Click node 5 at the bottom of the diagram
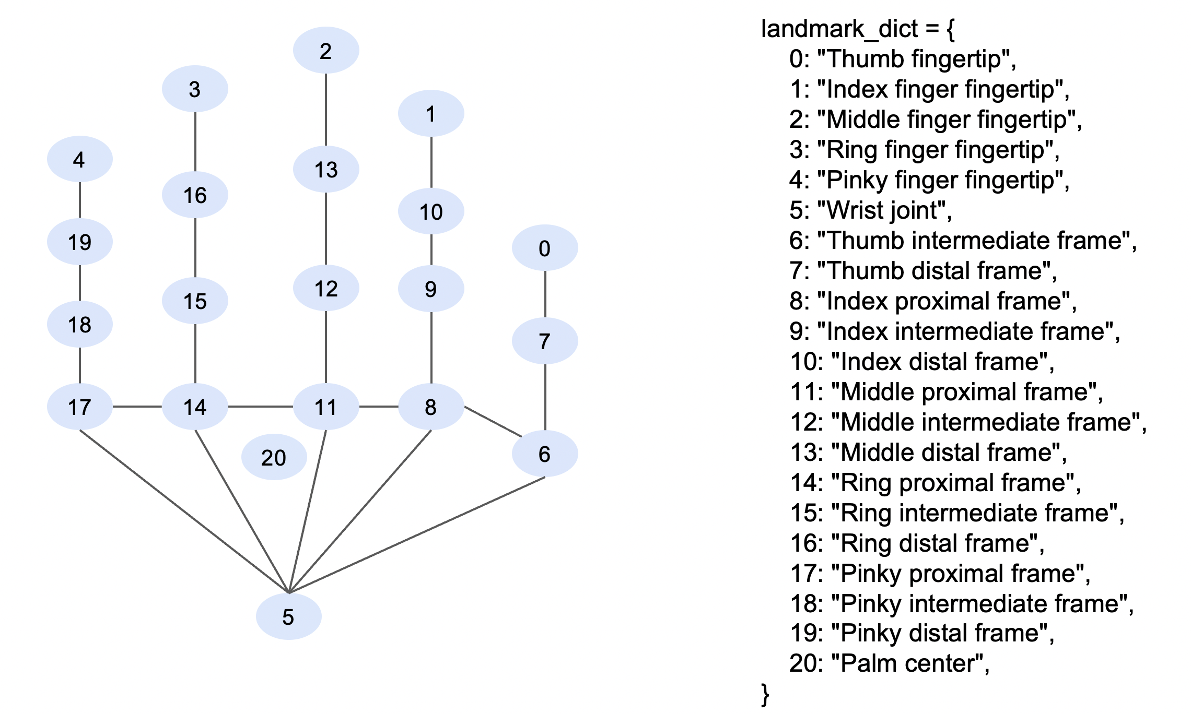(288, 616)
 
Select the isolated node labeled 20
(274, 457)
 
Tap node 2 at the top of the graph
(325, 51)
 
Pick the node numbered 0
(544, 248)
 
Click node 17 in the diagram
(79, 407)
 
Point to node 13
(325, 169)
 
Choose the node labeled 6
(544, 454)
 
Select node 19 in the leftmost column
(79, 242)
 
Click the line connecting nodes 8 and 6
(493, 422)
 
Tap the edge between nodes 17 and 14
(137, 407)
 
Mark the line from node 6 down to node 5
(418, 535)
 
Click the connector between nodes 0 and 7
(545, 294)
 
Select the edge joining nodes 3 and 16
(195, 141)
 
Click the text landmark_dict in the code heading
(839, 29)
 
